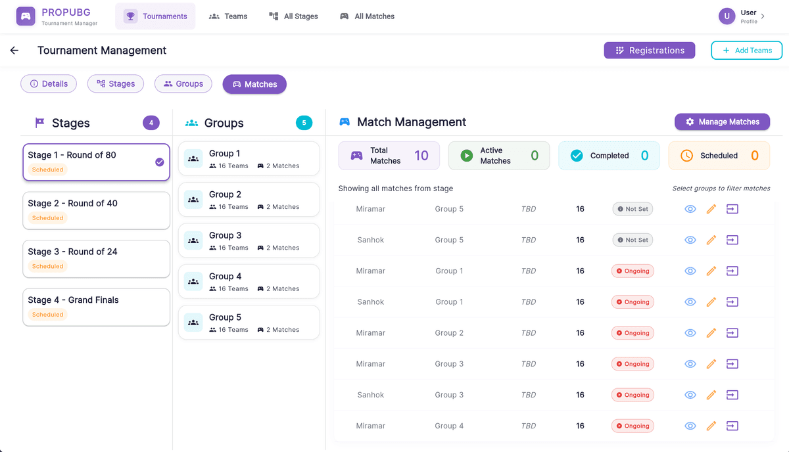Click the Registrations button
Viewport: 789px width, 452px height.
coord(649,51)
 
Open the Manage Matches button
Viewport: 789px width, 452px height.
coord(722,122)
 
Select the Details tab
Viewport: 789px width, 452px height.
coord(49,84)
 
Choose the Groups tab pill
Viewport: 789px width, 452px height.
coord(183,84)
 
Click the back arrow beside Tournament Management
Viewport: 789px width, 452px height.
coord(14,51)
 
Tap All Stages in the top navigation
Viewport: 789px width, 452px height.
coord(293,16)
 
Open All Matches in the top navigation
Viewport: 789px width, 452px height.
coord(367,16)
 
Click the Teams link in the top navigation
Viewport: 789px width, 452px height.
coord(228,16)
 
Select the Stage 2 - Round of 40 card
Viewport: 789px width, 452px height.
coord(96,210)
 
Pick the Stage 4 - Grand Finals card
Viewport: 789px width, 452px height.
coord(96,307)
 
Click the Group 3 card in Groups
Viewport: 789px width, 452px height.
coord(249,240)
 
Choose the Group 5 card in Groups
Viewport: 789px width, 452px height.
coord(249,323)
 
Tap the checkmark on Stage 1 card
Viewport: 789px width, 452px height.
coord(160,162)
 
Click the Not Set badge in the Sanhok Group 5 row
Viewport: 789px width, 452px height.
coord(632,240)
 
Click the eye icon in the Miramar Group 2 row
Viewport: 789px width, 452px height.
coord(690,333)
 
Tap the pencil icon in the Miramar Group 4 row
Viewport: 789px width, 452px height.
coord(711,426)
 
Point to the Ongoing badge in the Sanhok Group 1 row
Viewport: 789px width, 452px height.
coord(633,302)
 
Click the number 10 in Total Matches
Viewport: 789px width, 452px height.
coord(421,156)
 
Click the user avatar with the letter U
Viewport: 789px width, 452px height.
coord(727,16)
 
